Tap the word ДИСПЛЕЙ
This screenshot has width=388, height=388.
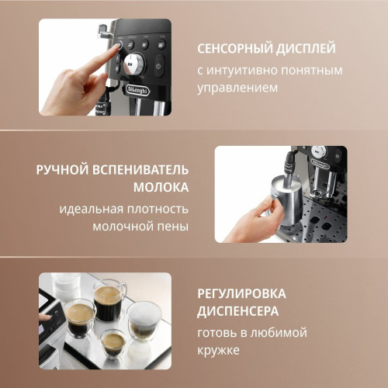[x=306, y=49]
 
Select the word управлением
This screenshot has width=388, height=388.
[x=237, y=88]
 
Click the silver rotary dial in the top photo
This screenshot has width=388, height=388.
[x=133, y=64]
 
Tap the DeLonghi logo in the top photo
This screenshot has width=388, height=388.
[x=138, y=90]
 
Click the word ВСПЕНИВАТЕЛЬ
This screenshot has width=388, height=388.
[x=140, y=170]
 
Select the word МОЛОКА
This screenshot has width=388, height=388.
[x=161, y=187]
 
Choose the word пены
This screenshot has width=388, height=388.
[x=173, y=227]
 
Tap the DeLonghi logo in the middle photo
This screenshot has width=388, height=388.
[x=320, y=164]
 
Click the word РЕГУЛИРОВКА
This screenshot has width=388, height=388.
[x=241, y=293]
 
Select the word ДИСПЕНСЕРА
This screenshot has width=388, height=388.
[x=238, y=311]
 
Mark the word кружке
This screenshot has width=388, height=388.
[x=218, y=351]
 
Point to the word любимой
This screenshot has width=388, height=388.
[x=279, y=333]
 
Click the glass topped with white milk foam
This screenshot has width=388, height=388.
[x=144, y=320]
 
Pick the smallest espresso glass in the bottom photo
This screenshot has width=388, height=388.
[x=113, y=343]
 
